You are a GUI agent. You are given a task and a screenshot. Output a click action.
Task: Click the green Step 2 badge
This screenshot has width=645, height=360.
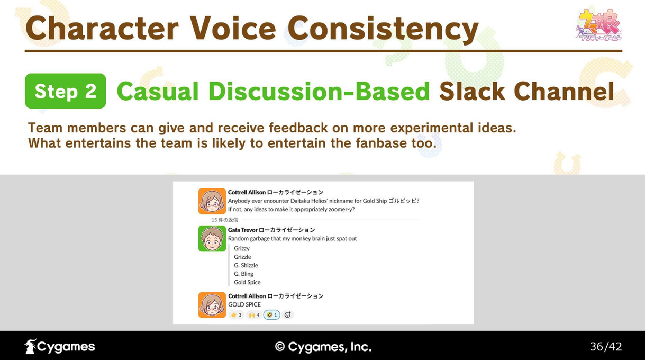pos(66,91)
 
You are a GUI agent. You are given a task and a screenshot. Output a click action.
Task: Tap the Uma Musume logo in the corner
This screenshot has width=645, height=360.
pos(598,25)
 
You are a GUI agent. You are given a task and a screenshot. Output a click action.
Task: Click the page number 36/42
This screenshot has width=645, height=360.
pos(606,347)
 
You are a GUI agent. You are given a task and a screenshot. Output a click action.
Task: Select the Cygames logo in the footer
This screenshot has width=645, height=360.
pos(60,346)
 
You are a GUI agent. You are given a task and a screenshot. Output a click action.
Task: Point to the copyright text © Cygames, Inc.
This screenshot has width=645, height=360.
pos(323,347)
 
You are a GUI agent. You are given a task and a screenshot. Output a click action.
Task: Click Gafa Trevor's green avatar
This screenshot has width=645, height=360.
pos(212,238)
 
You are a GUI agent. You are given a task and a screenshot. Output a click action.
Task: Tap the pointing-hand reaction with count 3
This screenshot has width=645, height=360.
pos(237,315)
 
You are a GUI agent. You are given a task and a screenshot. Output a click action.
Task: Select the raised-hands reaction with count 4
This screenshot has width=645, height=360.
pos(253,315)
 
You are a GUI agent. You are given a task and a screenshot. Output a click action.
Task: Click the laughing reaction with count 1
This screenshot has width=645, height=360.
pos(271,315)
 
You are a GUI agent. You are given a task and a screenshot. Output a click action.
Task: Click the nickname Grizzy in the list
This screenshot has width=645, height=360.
pos(242,248)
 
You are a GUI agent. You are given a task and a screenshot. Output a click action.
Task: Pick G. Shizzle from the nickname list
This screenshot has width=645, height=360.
pos(246,265)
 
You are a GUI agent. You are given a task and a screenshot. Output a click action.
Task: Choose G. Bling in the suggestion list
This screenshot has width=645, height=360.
pos(243,274)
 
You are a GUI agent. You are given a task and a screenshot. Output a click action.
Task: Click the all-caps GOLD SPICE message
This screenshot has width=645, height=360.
pos(244,304)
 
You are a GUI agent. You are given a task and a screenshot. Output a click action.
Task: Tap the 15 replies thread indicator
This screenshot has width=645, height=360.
pos(224,220)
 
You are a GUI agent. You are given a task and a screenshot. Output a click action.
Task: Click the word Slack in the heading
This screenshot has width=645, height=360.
pos(472,91)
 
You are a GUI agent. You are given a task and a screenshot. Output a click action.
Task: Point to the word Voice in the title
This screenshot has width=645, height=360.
pos(233,28)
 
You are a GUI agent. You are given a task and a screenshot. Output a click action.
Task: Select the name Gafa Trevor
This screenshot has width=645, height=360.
pos(242,230)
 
